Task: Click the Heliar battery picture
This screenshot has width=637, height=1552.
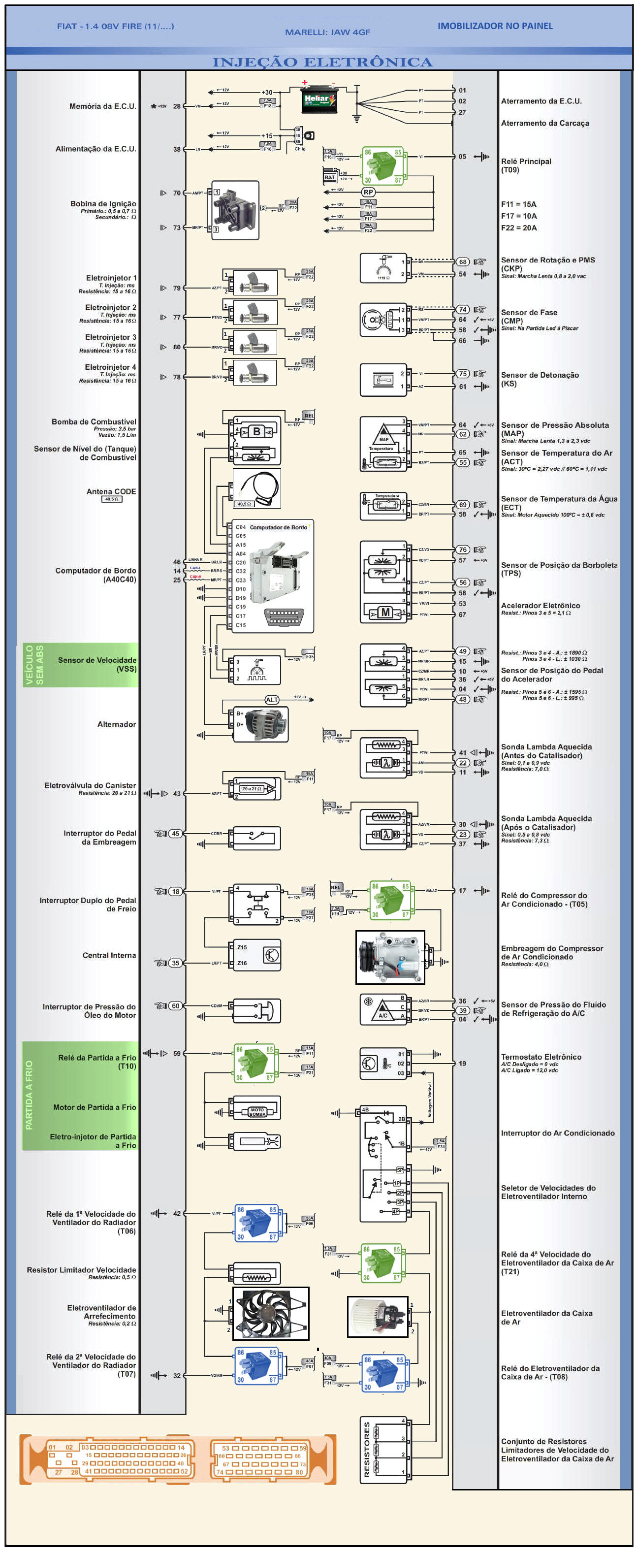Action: (318, 100)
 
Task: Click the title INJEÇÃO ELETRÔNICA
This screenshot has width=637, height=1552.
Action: (322, 62)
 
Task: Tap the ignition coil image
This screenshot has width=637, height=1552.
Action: (235, 210)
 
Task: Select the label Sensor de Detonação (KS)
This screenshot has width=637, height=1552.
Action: (540, 379)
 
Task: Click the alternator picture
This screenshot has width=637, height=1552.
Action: (265, 724)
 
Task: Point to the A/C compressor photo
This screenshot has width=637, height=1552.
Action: (390, 956)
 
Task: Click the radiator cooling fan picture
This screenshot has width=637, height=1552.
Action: (270, 1313)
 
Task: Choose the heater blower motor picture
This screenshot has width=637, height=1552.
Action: (378, 1316)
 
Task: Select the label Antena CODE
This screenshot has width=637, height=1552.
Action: (111, 491)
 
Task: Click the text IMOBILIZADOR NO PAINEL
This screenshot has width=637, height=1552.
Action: (495, 26)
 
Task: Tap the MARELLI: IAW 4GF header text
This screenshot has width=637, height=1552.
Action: (327, 32)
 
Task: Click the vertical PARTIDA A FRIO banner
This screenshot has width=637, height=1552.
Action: (29, 1096)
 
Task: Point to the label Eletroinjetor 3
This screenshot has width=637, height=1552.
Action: (110, 337)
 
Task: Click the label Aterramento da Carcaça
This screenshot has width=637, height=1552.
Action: (545, 123)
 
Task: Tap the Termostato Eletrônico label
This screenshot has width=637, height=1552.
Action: (541, 1057)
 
